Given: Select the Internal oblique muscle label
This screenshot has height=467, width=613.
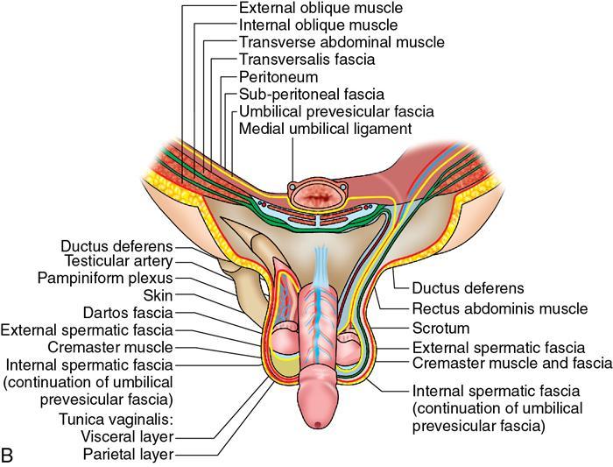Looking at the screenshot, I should [x=318, y=25].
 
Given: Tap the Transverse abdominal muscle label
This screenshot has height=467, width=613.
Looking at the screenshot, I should [x=341, y=42].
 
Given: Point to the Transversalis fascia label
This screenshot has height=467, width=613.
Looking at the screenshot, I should [x=306, y=60].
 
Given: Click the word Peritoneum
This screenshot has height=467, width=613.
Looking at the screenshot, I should [x=278, y=77].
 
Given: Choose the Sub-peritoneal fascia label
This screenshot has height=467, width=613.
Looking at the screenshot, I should [x=311, y=95].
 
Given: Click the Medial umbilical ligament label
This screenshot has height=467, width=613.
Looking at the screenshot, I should [x=325, y=129].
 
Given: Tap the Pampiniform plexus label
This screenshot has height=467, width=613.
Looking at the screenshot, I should [x=109, y=279].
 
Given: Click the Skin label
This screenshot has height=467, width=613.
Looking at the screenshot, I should [x=158, y=295].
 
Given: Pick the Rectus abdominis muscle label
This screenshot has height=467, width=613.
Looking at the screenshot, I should [x=499, y=309].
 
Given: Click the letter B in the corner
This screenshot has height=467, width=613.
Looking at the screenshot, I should [x=9, y=456].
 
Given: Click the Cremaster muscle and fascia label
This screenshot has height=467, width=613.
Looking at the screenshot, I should [x=511, y=363].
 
